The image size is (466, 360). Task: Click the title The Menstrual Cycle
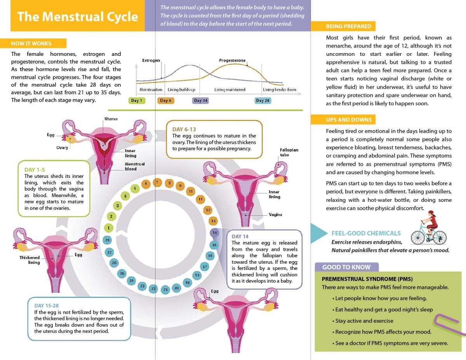pos(78,17)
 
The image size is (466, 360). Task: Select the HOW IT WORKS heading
pos(31,43)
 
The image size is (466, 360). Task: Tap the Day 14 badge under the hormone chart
pos(201,101)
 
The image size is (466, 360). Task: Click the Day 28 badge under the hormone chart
pos(263,101)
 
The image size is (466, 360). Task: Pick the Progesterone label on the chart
pos(232,61)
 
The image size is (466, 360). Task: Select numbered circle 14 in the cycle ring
pos(214,233)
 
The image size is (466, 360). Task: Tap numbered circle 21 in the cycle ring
pos(165,289)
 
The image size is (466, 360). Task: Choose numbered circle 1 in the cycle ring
pos(109,228)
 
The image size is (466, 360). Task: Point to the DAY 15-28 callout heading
pos(47,306)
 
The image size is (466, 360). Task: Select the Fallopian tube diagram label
pos(289,152)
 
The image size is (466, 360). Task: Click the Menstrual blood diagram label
pos(134,166)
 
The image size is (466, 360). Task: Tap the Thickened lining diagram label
pos(30,260)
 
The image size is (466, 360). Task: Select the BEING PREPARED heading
pos(348,26)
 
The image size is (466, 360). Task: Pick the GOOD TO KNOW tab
pos(346,267)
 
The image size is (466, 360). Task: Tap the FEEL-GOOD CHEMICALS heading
pos(366,233)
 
